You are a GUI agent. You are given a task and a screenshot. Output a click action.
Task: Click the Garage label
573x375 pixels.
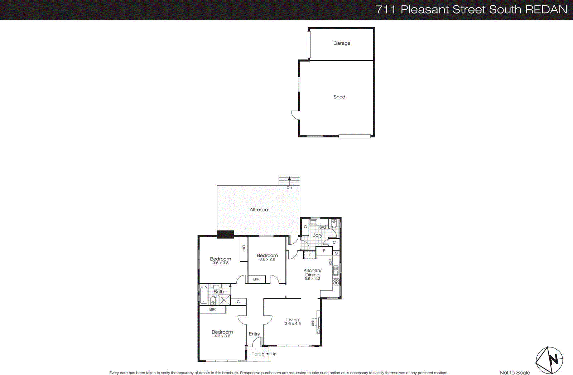click(x=342, y=43)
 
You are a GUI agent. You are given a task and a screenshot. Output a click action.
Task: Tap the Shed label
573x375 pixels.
click(x=339, y=97)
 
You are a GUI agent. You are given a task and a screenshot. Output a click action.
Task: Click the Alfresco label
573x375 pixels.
click(x=259, y=210)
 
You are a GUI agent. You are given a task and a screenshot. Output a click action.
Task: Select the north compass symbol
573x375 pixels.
click(x=549, y=360)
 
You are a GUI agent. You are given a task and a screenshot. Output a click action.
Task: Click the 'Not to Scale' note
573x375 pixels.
click(x=515, y=372)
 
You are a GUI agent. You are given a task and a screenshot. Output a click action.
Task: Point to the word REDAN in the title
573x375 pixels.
click(x=546, y=10)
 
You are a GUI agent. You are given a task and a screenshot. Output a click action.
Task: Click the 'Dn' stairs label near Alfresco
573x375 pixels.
click(x=289, y=187)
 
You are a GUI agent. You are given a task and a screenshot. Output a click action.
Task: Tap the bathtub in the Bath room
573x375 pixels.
click(x=203, y=295)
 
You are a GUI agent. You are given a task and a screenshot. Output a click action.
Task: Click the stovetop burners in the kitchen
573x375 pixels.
click(x=336, y=282)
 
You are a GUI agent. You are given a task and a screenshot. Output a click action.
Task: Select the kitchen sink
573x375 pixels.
click(x=336, y=271)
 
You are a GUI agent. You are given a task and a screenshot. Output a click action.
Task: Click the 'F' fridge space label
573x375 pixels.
click(x=310, y=255)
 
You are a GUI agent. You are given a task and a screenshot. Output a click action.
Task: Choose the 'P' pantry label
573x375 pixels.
click(x=324, y=251)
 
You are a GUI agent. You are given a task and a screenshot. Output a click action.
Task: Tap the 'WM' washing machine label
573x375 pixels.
click(x=322, y=228)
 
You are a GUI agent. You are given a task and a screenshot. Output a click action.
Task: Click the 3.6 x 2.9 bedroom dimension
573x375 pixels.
click(x=267, y=259)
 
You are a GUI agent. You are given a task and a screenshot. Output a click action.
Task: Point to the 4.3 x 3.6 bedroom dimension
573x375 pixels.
click(x=222, y=336)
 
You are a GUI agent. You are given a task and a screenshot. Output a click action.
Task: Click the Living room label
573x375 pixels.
click(x=293, y=320)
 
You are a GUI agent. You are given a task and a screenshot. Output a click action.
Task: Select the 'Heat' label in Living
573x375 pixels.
click(x=313, y=322)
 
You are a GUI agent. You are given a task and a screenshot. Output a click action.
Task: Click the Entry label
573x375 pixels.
click(x=254, y=334)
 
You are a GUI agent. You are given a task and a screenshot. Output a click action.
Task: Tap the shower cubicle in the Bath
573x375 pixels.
click(x=224, y=299)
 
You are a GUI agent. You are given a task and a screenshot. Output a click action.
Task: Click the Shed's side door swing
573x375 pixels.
click(x=295, y=115)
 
